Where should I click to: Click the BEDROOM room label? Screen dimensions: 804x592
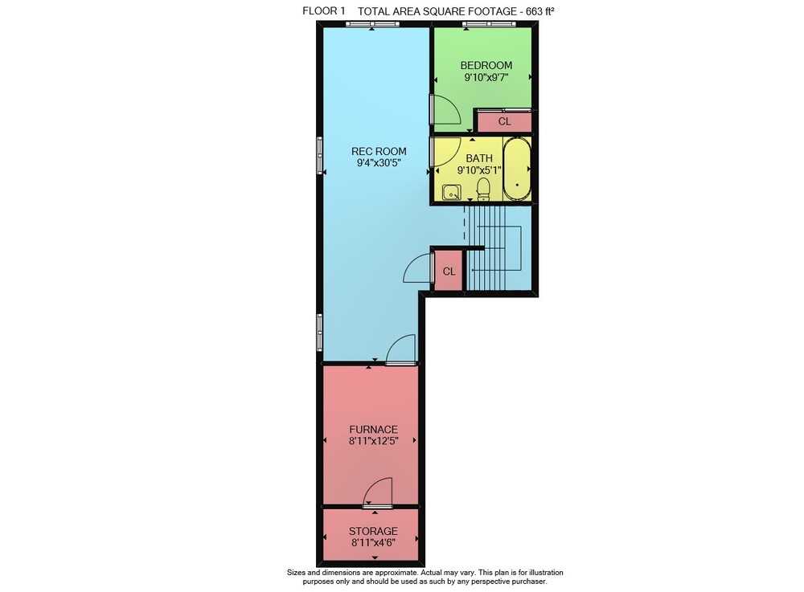click(x=486, y=66)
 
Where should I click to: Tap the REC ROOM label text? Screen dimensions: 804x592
click(x=379, y=152)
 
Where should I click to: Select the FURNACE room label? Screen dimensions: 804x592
click(x=373, y=430)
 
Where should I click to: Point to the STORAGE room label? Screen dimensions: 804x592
click(x=373, y=531)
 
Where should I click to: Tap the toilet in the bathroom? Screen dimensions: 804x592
click(x=483, y=189)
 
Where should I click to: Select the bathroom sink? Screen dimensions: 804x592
click(x=452, y=193)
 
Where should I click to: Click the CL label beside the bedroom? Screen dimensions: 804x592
click(x=505, y=122)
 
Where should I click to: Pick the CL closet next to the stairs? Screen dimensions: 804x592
click(x=449, y=272)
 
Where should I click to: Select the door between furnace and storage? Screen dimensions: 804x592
click(x=378, y=492)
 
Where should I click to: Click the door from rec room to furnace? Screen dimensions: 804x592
click(x=401, y=349)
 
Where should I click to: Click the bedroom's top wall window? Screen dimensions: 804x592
click(x=489, y=23)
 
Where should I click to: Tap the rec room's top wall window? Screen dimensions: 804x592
click(x=372, y=23)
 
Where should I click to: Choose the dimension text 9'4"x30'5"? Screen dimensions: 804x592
click(x=379, y=163)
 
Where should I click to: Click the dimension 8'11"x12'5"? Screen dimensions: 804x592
click(x=374, y=441)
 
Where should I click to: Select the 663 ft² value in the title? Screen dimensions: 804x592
click(x=540, y=11)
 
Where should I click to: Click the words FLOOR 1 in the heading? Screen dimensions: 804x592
click(x=323, y=10)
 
